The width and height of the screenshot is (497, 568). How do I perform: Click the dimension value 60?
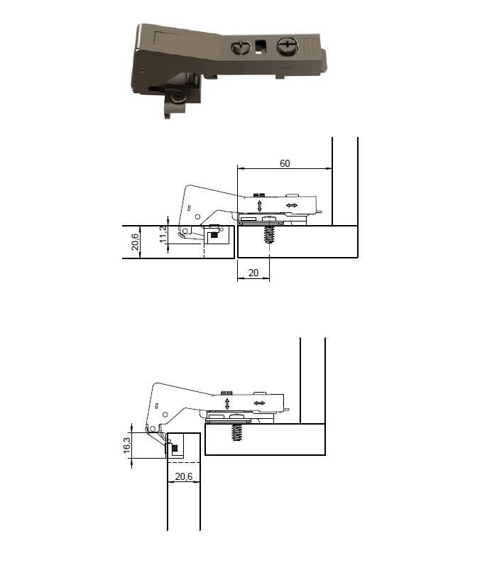click(285, 163)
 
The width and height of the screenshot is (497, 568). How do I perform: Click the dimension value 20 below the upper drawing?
click(253, 273)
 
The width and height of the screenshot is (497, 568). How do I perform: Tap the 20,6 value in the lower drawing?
click(183, 476)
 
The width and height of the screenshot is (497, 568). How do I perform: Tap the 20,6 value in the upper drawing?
click(135, 242)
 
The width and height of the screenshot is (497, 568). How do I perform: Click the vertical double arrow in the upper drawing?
click(261, 206)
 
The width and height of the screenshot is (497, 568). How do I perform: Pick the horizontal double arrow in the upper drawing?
click(291, 205)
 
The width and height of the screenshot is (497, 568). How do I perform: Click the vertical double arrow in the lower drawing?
click(226, 404)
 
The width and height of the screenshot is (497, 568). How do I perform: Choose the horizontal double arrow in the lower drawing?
click(258, 403)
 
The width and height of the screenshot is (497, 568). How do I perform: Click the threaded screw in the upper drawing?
click(268, 234)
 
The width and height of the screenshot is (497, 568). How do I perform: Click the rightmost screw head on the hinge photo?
click(288, 48)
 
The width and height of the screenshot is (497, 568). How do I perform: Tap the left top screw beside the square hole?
click(240, 48)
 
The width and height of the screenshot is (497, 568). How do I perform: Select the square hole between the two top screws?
click(262, 46)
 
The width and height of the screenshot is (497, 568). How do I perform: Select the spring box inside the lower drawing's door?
click(172, 447)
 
